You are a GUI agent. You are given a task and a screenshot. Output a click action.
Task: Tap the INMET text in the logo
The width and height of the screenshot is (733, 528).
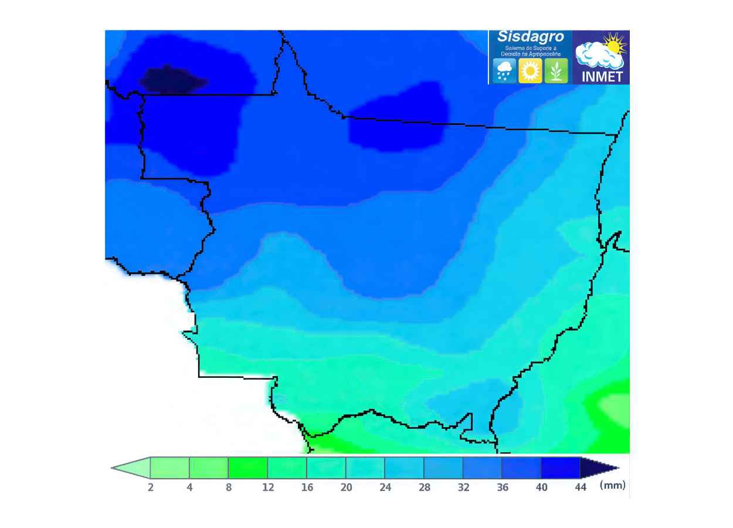pos(601,77)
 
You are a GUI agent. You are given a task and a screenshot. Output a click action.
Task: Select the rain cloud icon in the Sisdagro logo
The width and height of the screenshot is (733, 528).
pos(504,71)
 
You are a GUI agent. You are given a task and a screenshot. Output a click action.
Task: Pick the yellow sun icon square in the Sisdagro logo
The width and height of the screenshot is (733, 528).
pos(530,71)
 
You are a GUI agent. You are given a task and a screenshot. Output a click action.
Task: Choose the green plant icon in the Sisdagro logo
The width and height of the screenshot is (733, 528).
pos(556,71)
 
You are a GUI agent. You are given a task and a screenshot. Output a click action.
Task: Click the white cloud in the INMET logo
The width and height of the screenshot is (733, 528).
pos(595,56)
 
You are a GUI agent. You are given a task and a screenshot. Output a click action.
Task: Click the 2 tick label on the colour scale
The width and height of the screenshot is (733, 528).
pos(151,488)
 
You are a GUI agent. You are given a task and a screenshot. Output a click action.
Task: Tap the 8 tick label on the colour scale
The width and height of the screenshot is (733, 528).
pos(229,488)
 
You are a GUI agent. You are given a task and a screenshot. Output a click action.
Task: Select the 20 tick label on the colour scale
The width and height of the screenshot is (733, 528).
pos(346,488)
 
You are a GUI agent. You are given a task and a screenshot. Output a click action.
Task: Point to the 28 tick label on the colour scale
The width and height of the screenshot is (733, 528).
pos(425,488)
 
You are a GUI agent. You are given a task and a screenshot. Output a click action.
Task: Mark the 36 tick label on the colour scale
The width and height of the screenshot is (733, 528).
pos(503,488)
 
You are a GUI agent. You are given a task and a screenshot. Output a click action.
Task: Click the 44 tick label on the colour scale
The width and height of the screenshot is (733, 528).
pos(581,488)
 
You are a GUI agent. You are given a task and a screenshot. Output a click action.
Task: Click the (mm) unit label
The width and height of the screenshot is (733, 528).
pos(613,485)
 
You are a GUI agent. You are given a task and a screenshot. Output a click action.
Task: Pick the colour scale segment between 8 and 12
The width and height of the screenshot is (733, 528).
pos(248,468)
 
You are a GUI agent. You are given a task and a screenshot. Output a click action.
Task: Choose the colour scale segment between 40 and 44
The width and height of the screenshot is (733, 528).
pos(561,468)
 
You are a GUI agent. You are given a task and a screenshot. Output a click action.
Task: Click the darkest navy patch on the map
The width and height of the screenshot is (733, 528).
pos(170,80)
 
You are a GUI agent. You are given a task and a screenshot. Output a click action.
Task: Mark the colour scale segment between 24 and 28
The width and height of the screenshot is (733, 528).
pos(405,468)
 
